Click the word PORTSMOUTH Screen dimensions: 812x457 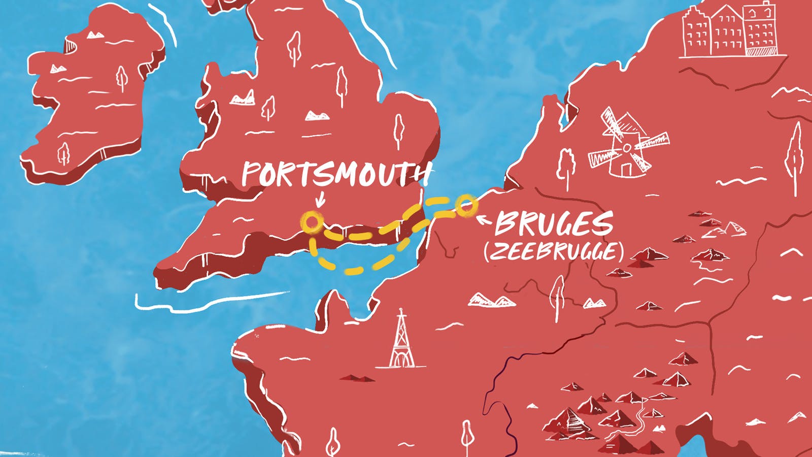pos(335,174)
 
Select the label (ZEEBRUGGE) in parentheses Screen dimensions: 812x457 pos(553,251)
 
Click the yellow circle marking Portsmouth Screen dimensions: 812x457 pos(312,222)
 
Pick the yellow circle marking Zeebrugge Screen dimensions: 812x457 pos(466,205)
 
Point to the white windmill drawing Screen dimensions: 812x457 pos(627,145)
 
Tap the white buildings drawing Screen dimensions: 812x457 pos(731,31)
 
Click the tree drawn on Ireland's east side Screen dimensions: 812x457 pos(121,79)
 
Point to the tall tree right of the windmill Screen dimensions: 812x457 pos(795,152)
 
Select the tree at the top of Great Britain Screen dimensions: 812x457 pos(294,48)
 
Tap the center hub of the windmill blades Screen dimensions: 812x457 pos(627,148)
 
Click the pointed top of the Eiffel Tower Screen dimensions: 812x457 pos(401,310)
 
